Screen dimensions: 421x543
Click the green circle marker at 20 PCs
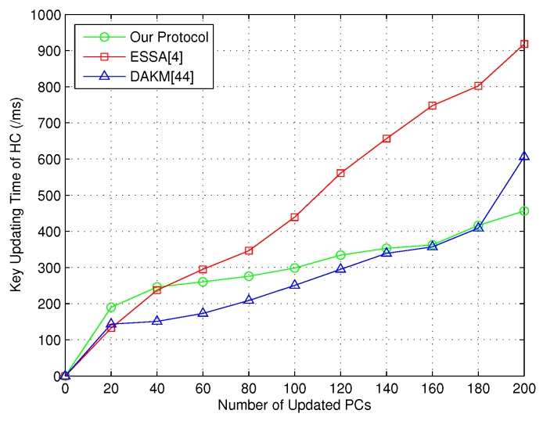[111, 308]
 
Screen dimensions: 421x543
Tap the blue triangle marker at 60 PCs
[203, 313]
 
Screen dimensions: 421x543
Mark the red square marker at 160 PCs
[433, 106]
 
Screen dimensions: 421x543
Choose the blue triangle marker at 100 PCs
[294, 285]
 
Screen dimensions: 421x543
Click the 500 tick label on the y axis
[48, 196]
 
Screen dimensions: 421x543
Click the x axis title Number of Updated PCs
[295, 405]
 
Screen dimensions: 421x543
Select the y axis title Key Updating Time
[16, 195]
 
